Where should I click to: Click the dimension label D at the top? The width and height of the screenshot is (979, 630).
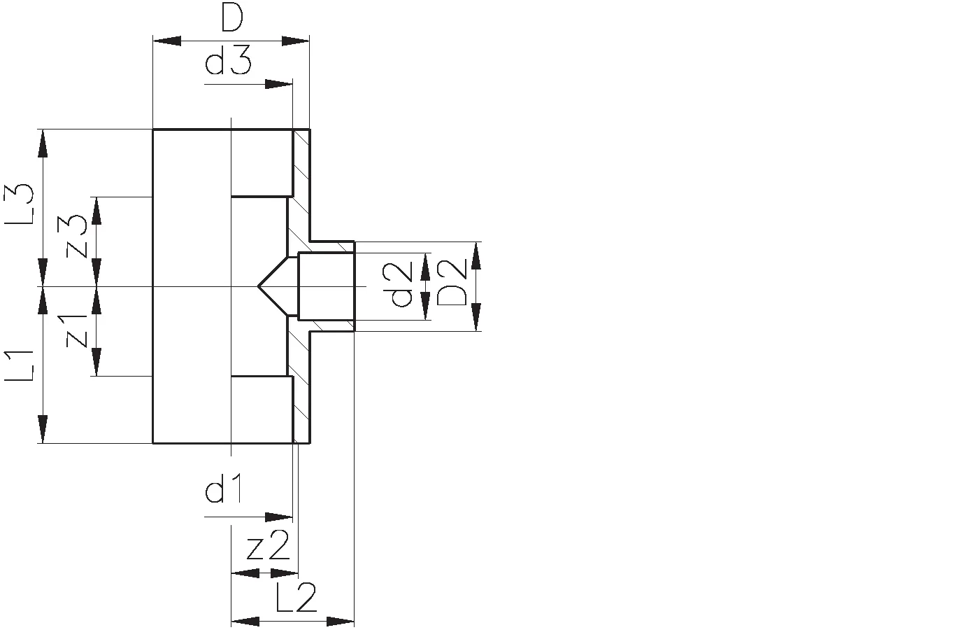pos(231,19)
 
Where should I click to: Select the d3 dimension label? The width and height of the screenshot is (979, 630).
pos(228,64)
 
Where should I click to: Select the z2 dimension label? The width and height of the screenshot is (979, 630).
pos(268,547)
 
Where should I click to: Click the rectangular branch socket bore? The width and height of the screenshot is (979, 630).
pos(326,286)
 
